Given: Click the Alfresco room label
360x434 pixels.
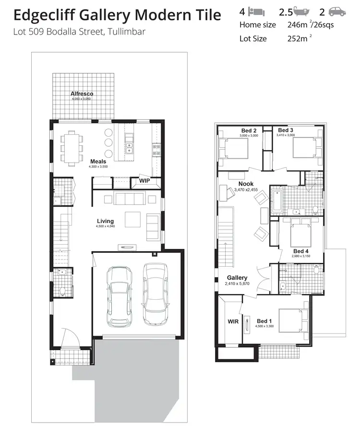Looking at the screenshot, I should [82, 94].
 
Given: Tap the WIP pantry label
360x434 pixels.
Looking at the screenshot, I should [144, 181].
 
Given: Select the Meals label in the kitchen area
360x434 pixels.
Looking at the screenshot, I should [98, 162].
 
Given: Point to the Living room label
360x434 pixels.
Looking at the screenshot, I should [105, 221].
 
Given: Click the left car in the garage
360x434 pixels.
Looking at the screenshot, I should [119, 296].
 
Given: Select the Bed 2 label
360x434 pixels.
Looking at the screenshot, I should [249, 130].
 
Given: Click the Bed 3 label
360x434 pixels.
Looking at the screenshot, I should [286, 130].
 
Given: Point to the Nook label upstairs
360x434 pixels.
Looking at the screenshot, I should [246, 184].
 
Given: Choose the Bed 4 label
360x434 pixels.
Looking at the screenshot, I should [301, 251].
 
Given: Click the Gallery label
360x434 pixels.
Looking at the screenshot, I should [237, 278].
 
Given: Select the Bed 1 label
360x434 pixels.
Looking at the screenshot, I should [264, 321].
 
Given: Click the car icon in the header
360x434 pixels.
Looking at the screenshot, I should [337, 12].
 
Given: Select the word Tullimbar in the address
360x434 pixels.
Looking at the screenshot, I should [124, 32].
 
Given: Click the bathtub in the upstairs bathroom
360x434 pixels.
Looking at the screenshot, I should [277, 201].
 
